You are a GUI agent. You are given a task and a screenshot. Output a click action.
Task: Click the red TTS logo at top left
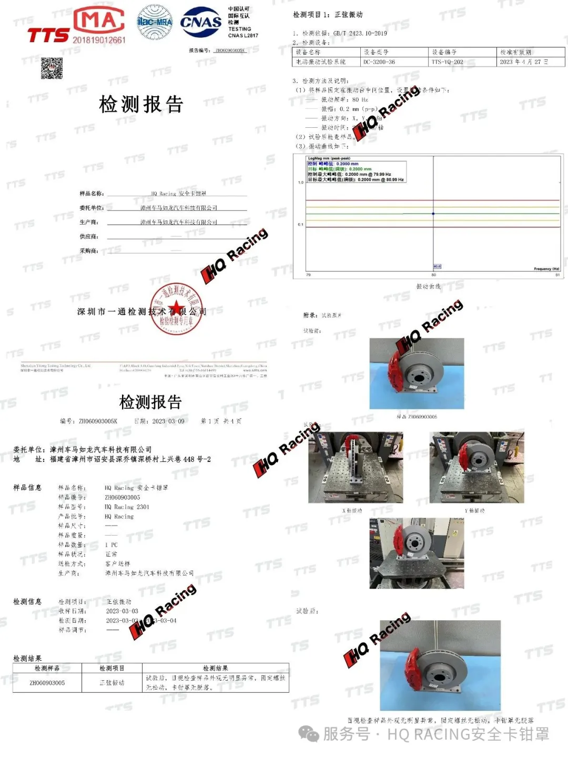point(48,35)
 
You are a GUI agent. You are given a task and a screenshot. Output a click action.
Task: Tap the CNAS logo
point(200,22)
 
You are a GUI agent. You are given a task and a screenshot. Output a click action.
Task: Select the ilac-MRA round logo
point(155,22)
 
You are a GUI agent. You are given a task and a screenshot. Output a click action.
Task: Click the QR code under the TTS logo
point(52,68)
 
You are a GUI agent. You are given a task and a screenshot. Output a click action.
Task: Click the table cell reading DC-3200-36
point(379,62)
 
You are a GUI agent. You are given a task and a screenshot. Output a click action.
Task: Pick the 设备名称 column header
point(308,52)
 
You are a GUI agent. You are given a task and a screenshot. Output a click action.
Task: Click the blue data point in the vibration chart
point(433,214)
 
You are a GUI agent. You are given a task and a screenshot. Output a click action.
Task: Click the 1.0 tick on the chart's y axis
point(301,183)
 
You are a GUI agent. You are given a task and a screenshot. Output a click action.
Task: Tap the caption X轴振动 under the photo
point(352,511)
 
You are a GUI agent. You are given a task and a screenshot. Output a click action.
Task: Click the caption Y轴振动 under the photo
point(474,511)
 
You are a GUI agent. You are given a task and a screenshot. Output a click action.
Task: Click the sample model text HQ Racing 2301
point(127,507)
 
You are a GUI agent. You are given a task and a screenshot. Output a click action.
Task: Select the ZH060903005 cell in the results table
point(47,683)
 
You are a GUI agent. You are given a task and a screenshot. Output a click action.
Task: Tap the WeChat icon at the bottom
point(309,734)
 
